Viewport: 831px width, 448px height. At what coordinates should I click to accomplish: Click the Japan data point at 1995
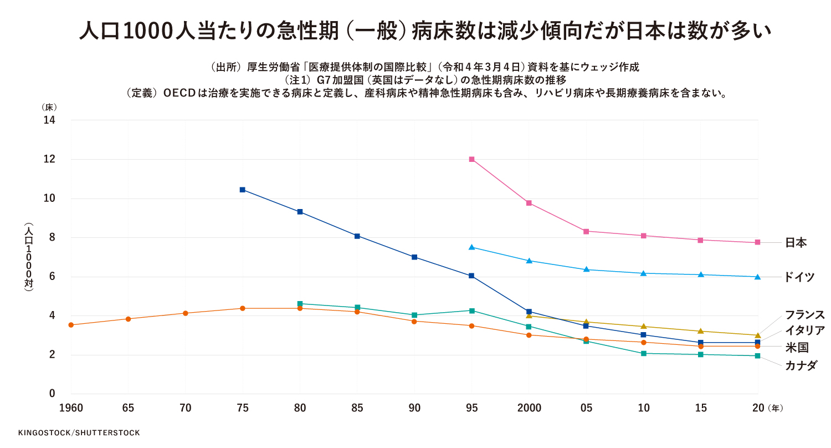(472, 159)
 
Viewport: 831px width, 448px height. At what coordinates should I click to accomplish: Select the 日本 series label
(796, 243)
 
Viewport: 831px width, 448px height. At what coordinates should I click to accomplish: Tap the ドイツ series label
(799, 277)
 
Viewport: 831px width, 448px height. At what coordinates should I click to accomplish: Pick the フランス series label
(804, 315)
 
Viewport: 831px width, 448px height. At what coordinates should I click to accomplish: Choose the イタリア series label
(804, 331)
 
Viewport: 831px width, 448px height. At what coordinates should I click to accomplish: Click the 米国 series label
(796, 348)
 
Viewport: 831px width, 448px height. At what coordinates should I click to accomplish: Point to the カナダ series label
(801, 365)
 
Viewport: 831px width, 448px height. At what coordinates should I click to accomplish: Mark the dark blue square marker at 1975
(243, 190)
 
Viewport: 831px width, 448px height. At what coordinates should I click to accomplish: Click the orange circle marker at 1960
(71, 325)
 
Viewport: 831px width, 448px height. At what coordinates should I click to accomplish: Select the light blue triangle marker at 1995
(472, 247)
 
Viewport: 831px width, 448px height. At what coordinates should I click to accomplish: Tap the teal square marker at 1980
(300, 304)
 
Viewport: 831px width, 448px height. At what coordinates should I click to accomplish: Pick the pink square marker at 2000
(529, 203)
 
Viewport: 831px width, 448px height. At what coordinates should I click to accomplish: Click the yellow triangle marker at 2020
(757, 335)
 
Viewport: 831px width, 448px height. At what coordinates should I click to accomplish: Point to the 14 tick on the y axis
(49, 120)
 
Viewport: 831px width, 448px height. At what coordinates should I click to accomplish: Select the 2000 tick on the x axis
(529, 409)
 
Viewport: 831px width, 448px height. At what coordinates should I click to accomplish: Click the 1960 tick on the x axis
(71, 409)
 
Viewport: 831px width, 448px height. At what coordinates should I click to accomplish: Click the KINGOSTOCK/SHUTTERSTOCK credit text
(79, 432)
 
